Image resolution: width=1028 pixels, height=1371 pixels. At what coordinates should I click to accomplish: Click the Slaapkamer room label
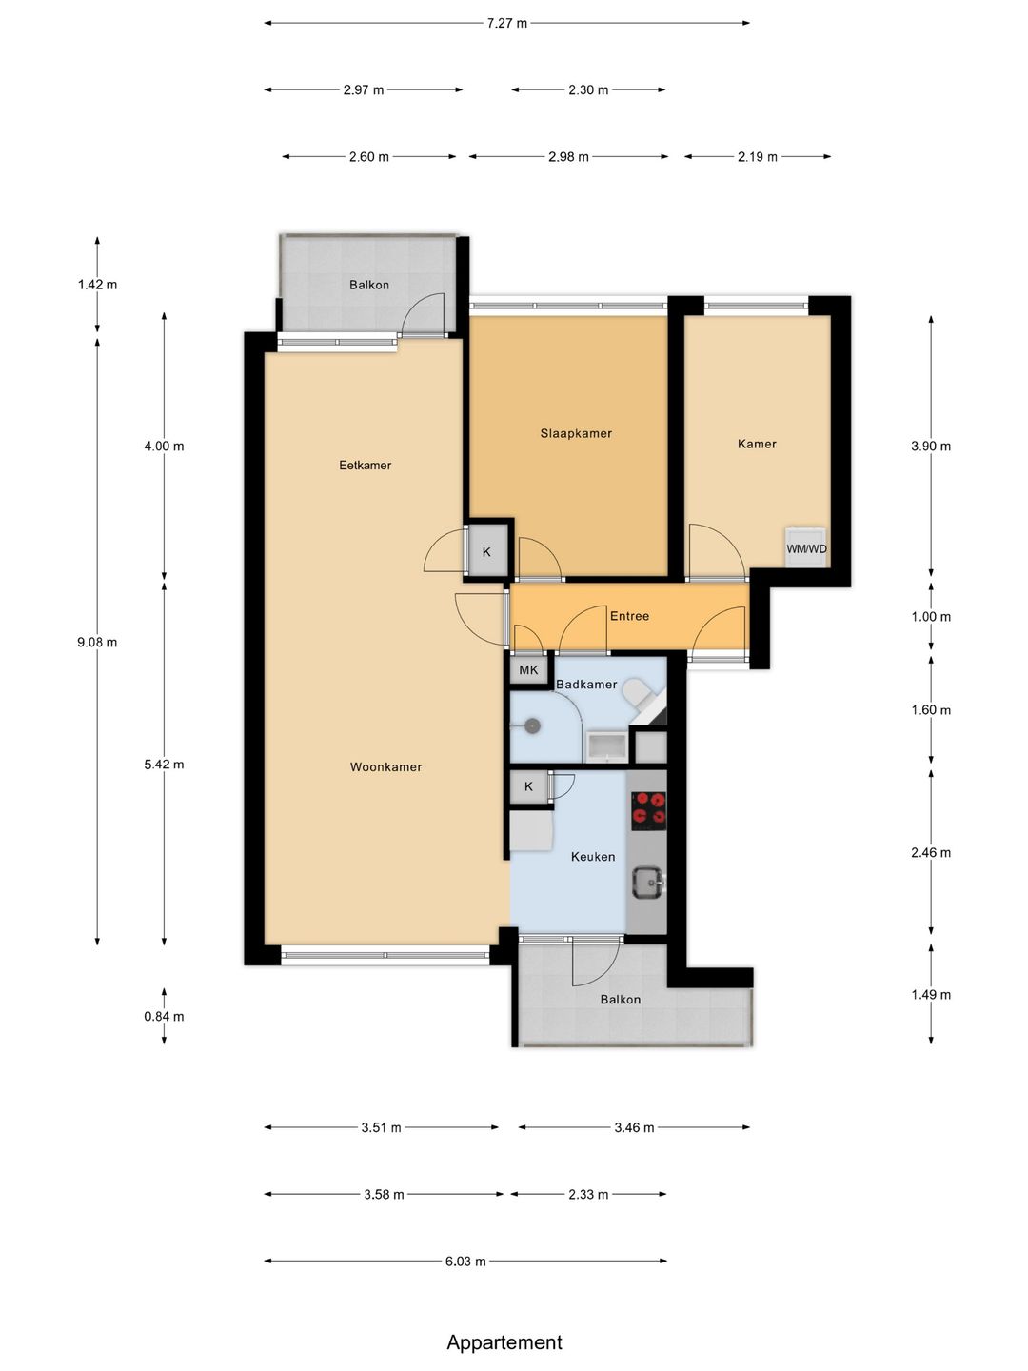click(x=576, y=433)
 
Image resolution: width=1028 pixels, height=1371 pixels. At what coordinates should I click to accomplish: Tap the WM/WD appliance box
click(x=806, y=547)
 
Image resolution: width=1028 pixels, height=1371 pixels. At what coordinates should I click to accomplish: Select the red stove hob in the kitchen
click(x=648, y=811)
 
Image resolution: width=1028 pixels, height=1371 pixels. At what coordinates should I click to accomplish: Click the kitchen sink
click(x=649, y=883)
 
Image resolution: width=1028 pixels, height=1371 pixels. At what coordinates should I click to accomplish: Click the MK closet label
click(x=528, y=671)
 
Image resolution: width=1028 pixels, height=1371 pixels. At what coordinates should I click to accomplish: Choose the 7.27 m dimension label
click(x=506, y=24)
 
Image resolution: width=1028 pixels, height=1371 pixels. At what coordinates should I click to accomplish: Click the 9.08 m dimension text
click(x=97, y=642)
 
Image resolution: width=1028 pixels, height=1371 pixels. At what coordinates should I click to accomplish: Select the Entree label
click(x=629, y=616)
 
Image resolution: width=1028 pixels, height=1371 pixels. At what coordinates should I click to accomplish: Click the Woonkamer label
click(x=385, y=767)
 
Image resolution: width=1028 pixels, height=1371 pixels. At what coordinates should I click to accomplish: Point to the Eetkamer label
click(x=366, y=466)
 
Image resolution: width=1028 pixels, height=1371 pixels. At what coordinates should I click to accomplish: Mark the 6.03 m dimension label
click(x=465, y=1262)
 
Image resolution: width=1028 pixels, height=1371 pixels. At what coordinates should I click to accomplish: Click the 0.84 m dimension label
click(x=164, y=1016)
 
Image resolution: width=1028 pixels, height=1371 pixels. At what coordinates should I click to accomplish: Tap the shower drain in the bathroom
click(x=532, y=725)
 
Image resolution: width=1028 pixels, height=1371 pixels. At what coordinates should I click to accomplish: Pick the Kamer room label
click(x=757, y=444)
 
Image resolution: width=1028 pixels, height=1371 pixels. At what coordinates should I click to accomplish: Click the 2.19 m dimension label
click(x=758, y=157)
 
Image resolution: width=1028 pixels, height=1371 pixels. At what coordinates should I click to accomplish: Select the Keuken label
click(x=593, y=857)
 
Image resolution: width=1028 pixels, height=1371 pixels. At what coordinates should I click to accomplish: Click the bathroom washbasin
click(x=606, y=748)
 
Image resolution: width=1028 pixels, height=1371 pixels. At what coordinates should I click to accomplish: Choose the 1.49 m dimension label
click(x=931, y=994)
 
